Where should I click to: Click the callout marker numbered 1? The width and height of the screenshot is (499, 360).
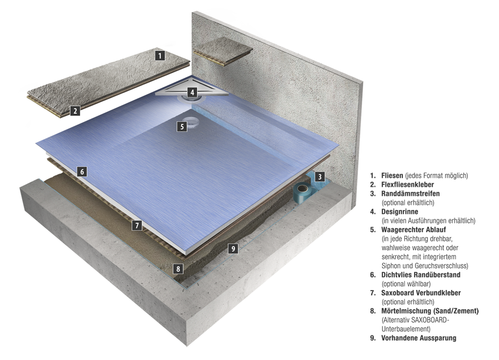click(x=160, y=56)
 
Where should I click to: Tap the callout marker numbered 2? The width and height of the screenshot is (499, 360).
click(x=75, y=111)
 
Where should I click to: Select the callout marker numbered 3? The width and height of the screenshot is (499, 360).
click(x=320, y=177)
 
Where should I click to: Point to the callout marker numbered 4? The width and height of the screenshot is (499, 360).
click(x=192, y=92)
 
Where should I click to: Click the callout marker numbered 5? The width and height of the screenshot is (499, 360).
click(x=182, y=126)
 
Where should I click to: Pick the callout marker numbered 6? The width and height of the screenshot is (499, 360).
click(x=82, y=172)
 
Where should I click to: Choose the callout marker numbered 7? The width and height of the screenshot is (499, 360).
click(x=137, y=226)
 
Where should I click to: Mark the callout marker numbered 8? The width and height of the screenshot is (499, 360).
click(x=178, y=269)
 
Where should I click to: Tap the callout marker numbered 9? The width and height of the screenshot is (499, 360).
click(x=233, y=249)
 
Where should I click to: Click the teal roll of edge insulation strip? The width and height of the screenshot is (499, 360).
click(x=303, y=192)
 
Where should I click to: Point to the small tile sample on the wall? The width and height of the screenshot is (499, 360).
click(x=223, y=52)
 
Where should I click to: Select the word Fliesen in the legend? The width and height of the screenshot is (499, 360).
click(x=392, y=176)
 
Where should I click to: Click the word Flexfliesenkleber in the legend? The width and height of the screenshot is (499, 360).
click(x=407, y=184)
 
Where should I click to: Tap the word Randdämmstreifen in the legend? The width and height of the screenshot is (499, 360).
click(x=410, y=193)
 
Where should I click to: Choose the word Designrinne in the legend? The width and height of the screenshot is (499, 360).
click(x=400, y=211)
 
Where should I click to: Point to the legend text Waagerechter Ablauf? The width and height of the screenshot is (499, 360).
click(x=413, y=230)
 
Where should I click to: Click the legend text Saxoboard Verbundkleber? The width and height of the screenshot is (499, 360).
click(x=421, y=293)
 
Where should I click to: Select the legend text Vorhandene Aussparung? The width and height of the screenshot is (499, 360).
click(x=419, y=338)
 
